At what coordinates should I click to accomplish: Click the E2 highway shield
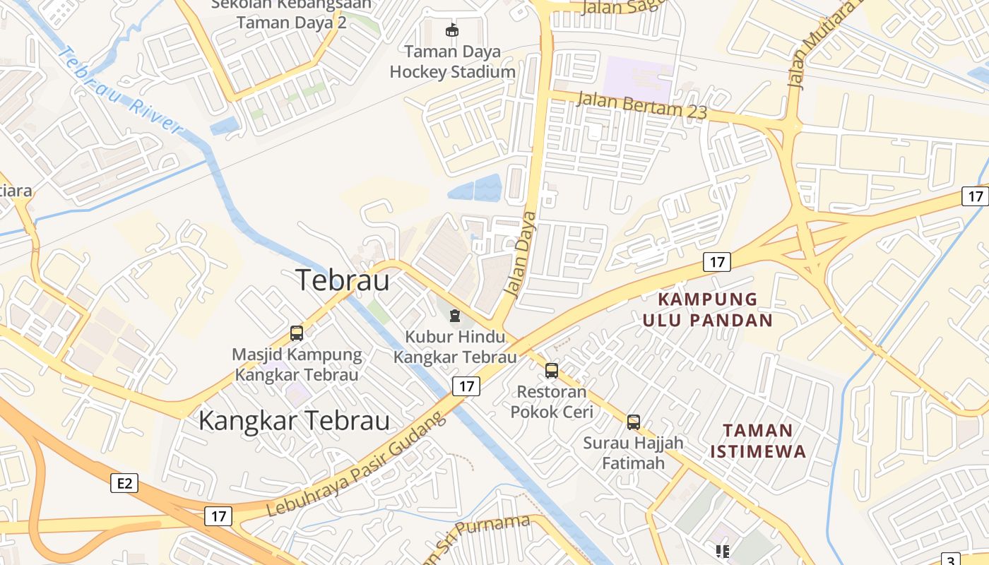(124, 483)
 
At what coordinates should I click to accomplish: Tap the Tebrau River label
(120, 90)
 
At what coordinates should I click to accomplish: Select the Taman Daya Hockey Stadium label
(453, 61)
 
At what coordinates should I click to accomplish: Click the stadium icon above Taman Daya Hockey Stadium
(451, 30)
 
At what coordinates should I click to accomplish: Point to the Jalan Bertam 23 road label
(641, 105)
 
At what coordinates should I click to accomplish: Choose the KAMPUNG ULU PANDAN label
(707, 309)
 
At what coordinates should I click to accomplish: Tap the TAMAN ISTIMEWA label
(758, 440)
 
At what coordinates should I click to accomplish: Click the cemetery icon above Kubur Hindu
(454, 315)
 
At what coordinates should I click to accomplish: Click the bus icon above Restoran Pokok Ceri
(552, 370)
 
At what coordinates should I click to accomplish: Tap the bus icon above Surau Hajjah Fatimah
(634, 422)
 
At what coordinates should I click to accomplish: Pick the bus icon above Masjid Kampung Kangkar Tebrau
(297, 333)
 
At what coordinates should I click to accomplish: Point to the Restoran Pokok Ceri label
(552, 401)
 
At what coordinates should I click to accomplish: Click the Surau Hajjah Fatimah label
(633, 453)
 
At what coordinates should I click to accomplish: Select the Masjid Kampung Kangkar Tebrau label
(297, 364)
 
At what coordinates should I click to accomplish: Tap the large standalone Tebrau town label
(343, 280)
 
